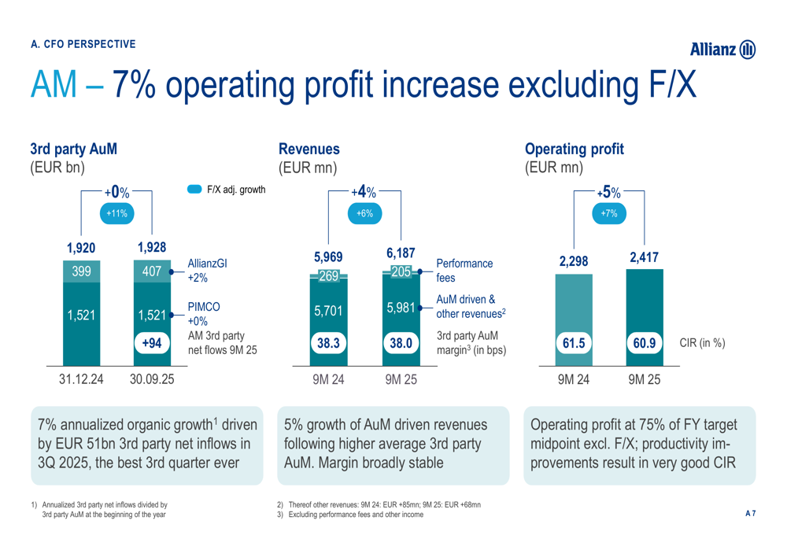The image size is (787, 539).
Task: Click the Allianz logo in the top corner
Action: point(722,51)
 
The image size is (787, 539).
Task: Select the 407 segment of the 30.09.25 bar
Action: point(151,271)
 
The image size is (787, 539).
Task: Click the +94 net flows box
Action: point(151,343)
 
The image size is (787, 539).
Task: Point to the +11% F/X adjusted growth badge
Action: point(117,214)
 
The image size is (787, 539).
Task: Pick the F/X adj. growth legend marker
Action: point(195,190)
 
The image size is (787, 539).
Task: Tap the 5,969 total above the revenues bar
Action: point(328,257)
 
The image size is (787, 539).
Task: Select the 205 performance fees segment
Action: point(400,271)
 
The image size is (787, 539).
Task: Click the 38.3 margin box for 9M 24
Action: point(328,343)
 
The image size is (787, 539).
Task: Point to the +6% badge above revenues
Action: point(364,214)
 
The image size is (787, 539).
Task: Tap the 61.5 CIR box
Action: point(575,343)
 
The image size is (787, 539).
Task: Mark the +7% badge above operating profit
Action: point(609,214)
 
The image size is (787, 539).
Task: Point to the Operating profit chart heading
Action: point(574,148)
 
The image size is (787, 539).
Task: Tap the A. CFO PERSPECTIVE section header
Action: point(83,43)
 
